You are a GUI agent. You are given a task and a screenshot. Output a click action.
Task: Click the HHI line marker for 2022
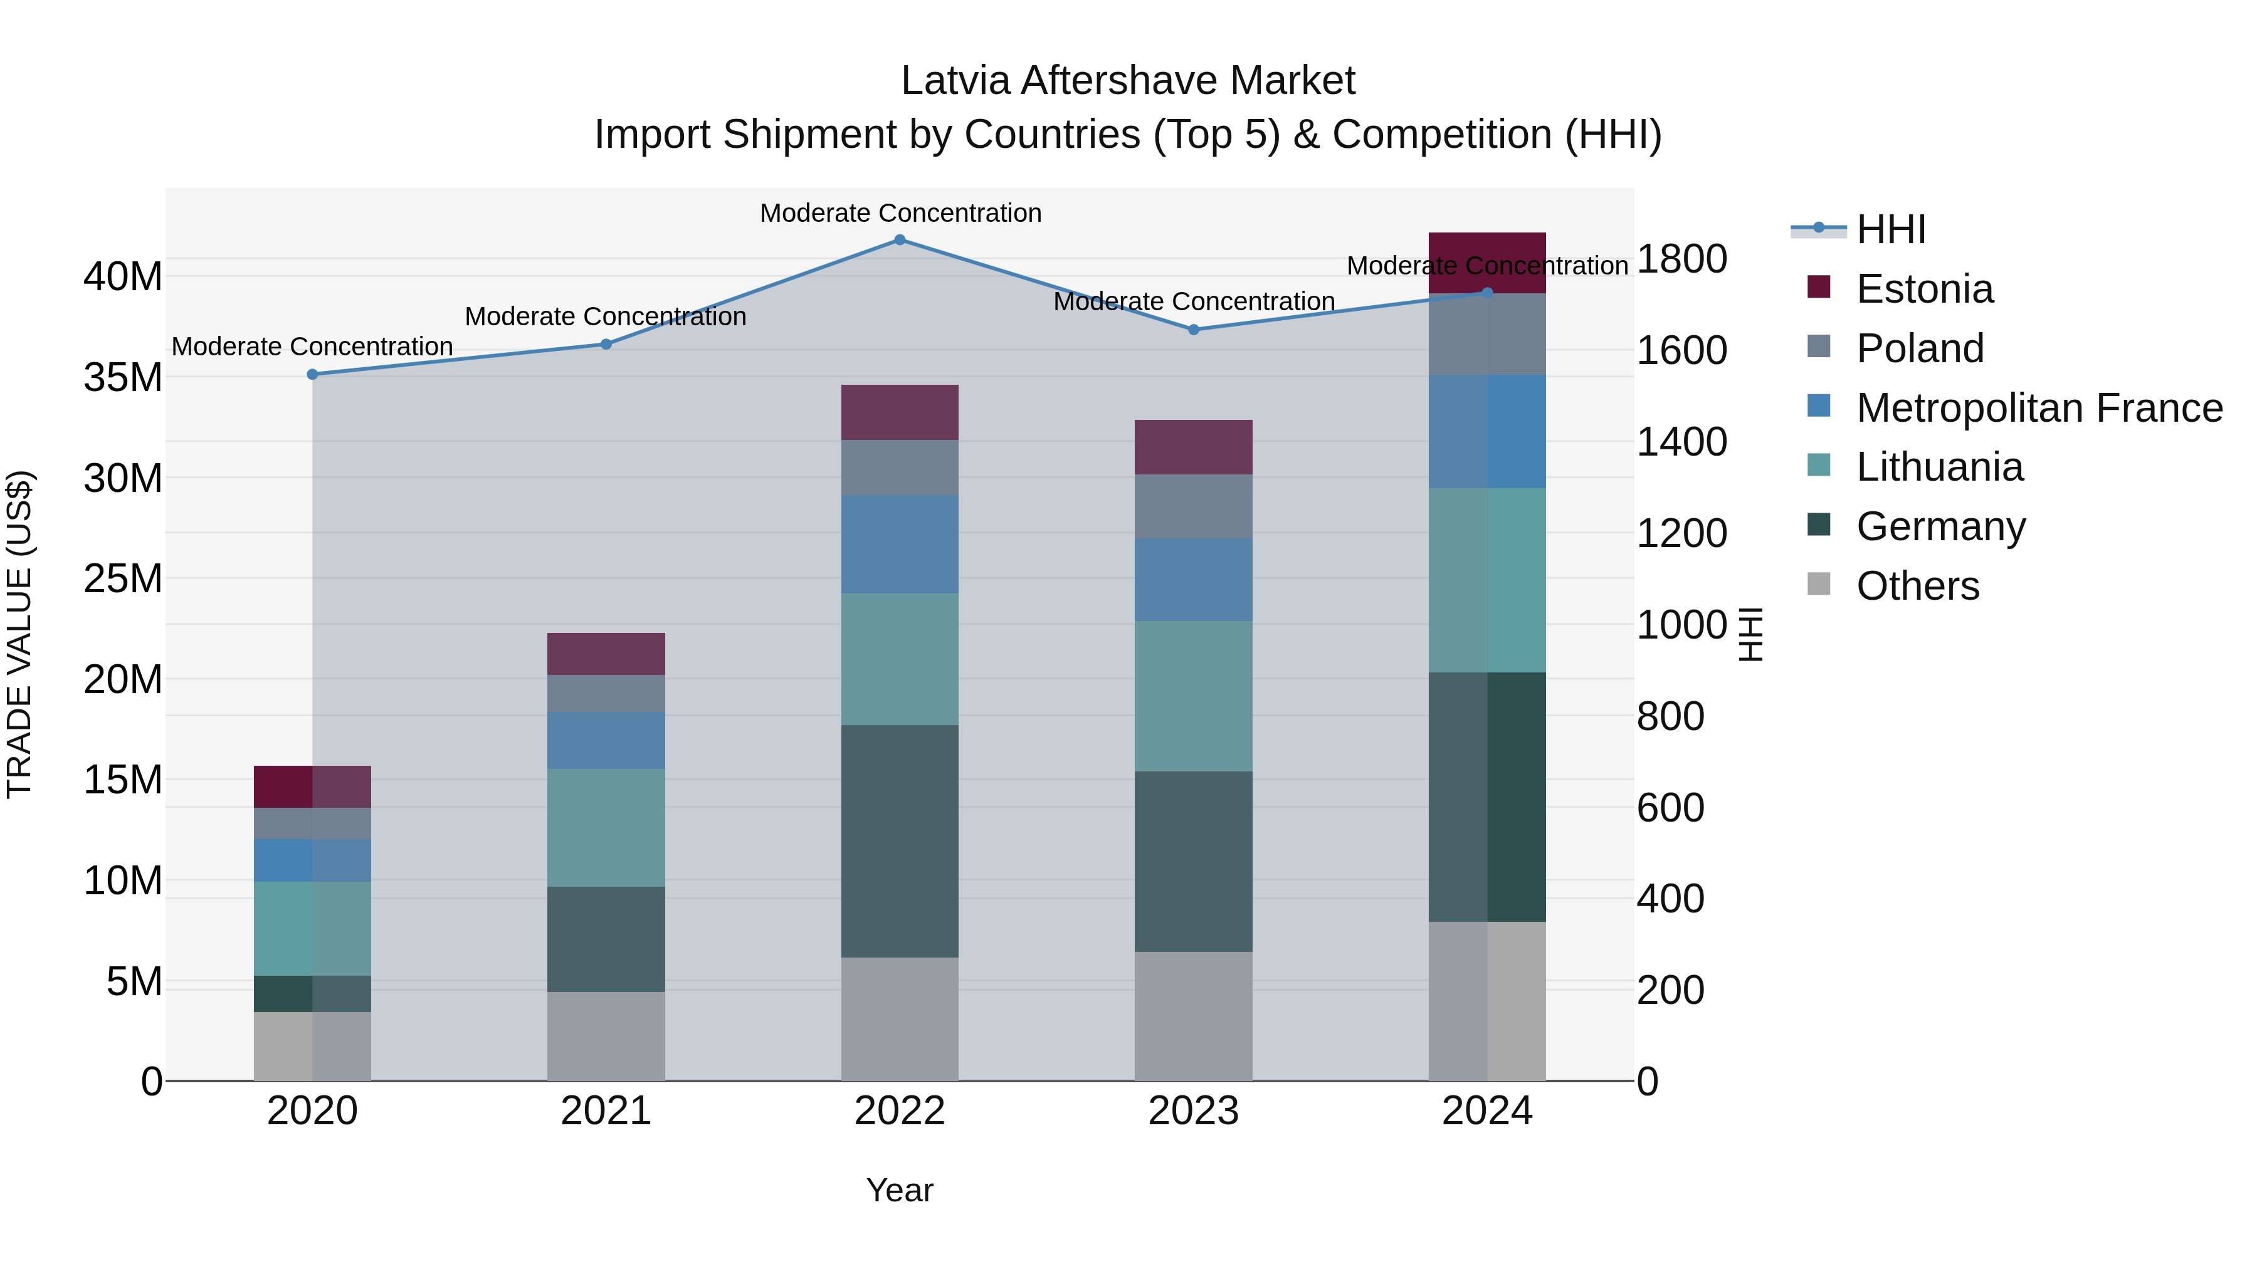(899, 239)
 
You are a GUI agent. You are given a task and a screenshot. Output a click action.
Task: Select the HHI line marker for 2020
(312, 374)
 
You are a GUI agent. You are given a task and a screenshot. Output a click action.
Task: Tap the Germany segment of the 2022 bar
(899, 841)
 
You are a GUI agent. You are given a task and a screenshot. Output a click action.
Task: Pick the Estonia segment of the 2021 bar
(606, 654)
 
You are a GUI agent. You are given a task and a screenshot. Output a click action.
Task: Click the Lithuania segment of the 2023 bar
(1192, 696)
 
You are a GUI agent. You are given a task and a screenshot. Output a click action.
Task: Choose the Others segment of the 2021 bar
(606, 1036)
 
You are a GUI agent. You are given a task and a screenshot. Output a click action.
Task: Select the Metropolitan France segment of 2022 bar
(899, 544)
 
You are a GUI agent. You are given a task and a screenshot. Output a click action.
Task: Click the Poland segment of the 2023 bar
(1192, 506)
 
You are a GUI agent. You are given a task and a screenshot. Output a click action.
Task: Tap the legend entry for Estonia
(1924, 289)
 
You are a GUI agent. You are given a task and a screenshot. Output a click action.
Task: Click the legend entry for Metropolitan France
(2038, 408)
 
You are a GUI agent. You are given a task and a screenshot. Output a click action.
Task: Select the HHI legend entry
(1890, 229)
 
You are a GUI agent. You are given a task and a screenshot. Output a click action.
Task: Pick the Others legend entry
(1917, 586)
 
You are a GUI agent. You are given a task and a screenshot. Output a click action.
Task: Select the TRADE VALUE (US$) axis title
(19, 634)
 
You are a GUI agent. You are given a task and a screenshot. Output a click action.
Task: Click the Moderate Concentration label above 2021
(606, 316)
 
